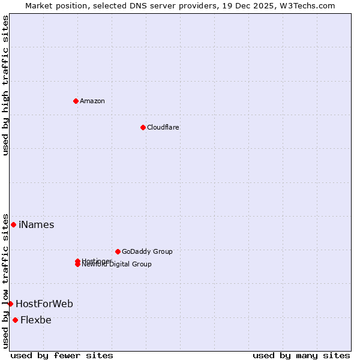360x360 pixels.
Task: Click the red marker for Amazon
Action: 76,101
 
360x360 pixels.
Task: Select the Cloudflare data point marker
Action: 143,127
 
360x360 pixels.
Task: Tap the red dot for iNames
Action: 13,224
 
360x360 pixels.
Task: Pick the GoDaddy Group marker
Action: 118,251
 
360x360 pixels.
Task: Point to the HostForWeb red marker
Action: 10,304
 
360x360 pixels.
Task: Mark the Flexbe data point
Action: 15,320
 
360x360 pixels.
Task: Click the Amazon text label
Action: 92,101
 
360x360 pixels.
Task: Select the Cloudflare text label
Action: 163,127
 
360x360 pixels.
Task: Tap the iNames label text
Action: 36,225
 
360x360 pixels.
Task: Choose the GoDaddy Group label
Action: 147,251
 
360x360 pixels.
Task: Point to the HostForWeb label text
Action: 44,304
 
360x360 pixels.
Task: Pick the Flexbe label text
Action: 36,320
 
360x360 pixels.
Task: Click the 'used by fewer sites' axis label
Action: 62,355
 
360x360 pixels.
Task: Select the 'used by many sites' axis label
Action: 301,355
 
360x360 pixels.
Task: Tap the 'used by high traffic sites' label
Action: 5,85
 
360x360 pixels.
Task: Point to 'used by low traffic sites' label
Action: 5,280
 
